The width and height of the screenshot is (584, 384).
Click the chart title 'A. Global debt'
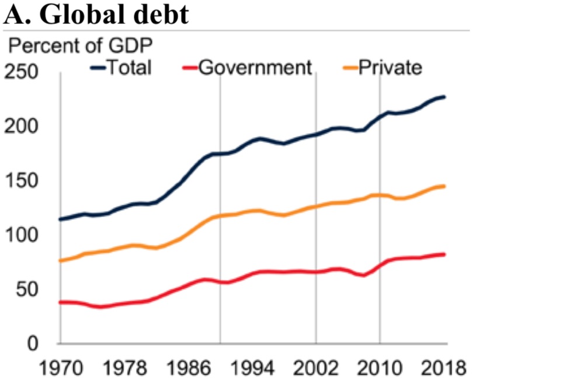(96, 14)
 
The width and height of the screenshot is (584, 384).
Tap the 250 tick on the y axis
(21, 73)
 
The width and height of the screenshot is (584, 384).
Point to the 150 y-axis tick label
(21, 181)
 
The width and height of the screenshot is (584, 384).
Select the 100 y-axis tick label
(21, 236)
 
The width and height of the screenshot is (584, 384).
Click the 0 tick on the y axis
(33, 344)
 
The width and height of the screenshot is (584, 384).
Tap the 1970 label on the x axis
(61, 368)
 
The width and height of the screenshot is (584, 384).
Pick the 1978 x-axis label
(124, 368)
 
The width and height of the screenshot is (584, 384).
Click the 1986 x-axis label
(189, 368)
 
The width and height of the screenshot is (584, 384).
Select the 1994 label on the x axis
(252, 368)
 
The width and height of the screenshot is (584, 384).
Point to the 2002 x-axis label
(316, 368)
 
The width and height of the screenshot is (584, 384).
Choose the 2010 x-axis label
(380, 368)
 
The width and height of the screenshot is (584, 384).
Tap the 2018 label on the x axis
(443, 368)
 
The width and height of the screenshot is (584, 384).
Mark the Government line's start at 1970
(61, 302)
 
